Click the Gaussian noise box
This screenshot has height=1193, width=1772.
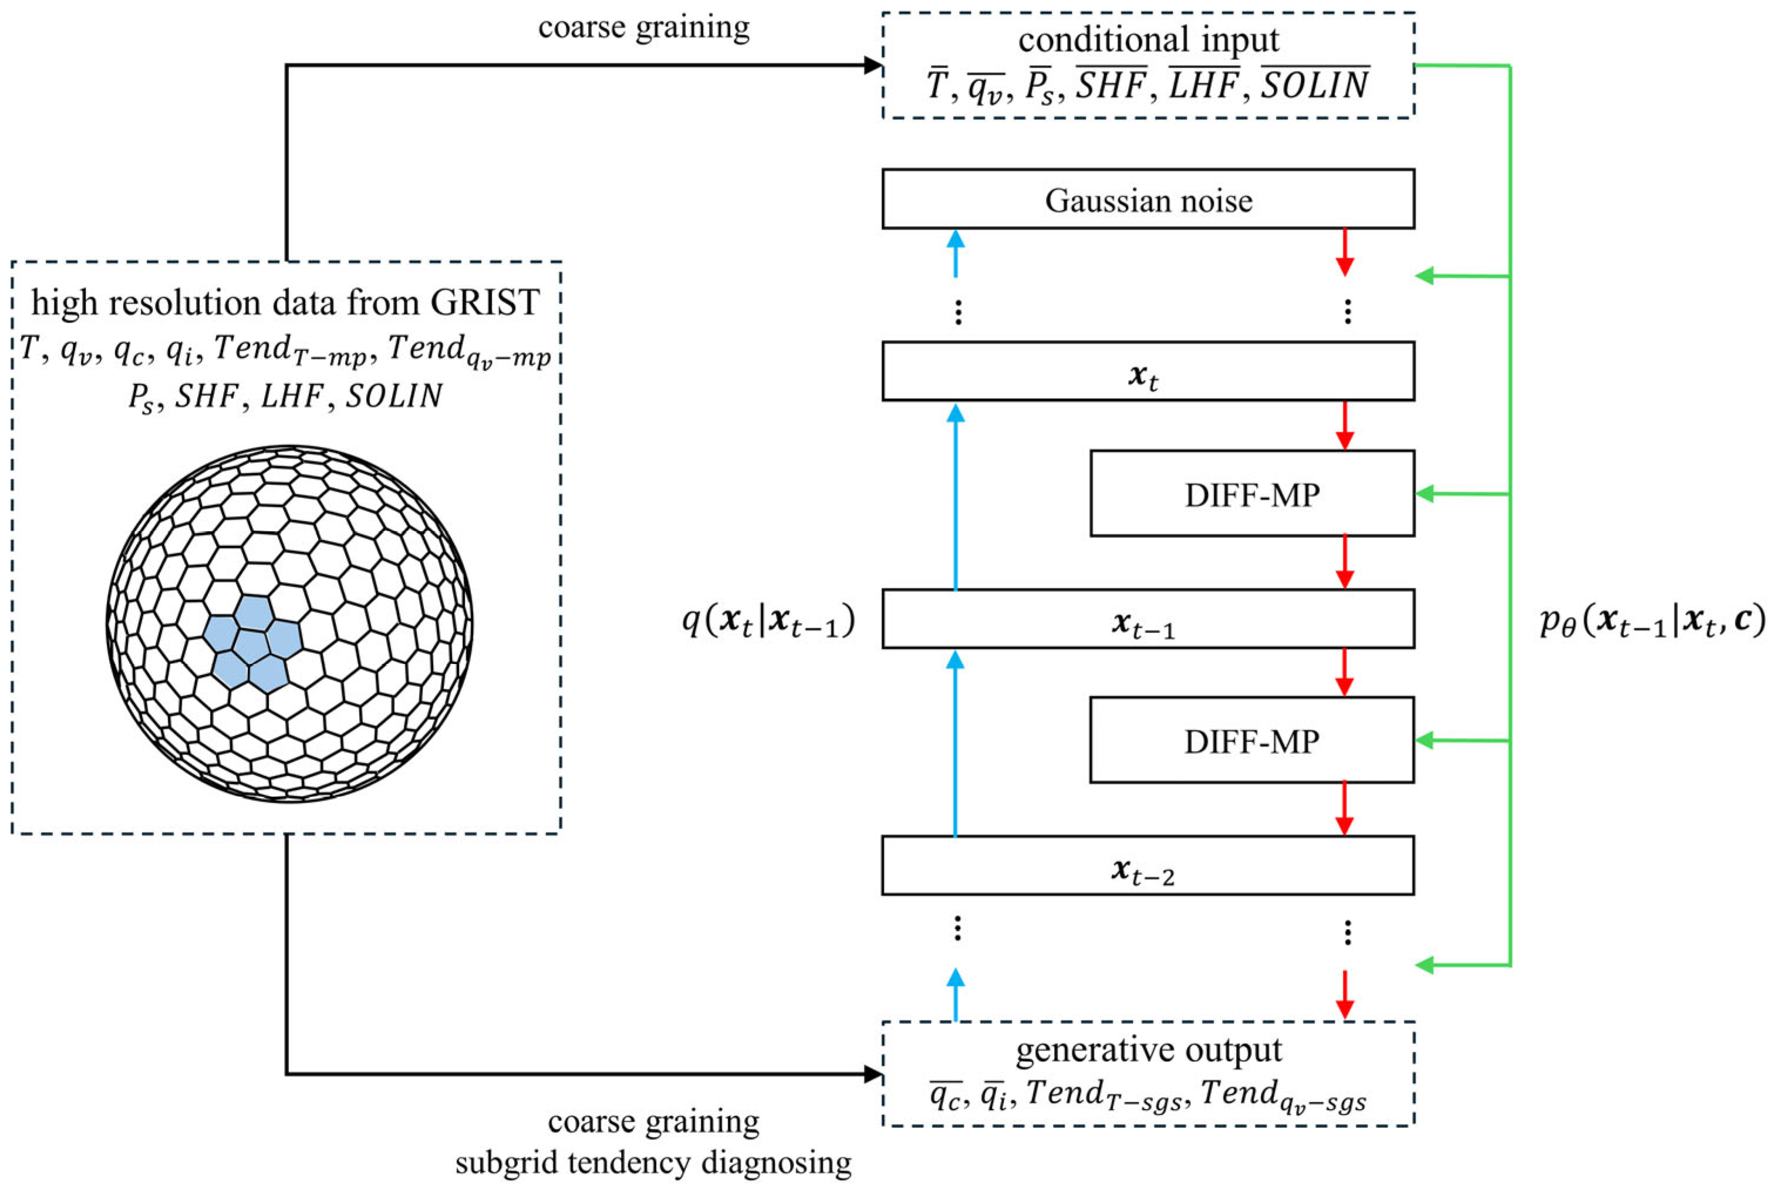(x=1147, y=200)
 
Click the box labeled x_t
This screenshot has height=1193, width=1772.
(x=1147, y=371)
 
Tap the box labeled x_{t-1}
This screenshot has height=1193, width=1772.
(x=1147, y=619)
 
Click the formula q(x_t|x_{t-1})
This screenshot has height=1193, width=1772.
(x=769, y=621)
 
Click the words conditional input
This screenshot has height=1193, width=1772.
(x=1149, y=39)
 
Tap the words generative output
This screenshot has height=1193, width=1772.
(x=1149, y=1050)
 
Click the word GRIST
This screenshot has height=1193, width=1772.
(x=485, y=303)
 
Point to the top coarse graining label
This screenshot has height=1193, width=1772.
(x=643, y=28)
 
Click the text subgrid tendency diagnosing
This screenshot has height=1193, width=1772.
(x=653, y=1162)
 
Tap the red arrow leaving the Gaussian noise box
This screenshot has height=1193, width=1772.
(x=1345, y=252)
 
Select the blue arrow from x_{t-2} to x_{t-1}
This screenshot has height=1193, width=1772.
(x=955, y=742)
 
